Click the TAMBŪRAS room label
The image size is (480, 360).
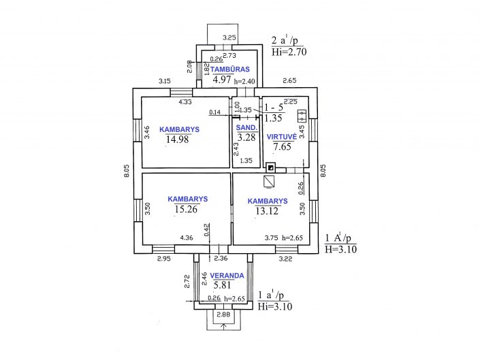click(230, 69)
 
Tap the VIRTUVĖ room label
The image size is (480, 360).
click(282, 137)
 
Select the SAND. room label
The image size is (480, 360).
click(246, 127)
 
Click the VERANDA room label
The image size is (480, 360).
click(227, 276)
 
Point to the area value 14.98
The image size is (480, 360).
click(178, 140)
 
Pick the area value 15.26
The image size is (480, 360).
click(186, 209)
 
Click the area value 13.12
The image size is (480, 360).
click(267, 211)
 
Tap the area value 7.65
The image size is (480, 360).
click(282, 146)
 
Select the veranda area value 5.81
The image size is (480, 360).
click(222, 285)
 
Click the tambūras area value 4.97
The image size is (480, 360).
click(222, 80)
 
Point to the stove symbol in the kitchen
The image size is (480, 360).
click(302, 116)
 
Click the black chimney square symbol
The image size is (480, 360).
click(270, 167)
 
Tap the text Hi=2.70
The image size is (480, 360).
click(289, 52)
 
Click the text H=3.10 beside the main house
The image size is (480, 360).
click(340, 249)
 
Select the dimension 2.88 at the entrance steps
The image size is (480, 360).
click(223, 314)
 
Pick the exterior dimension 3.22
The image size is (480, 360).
click(285, 259)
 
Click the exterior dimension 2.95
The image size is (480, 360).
click(164, 259)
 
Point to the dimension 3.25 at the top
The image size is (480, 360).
click(229, 37)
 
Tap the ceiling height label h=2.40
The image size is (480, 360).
click(244, 82)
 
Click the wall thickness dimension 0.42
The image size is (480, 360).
click(206, 230)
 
